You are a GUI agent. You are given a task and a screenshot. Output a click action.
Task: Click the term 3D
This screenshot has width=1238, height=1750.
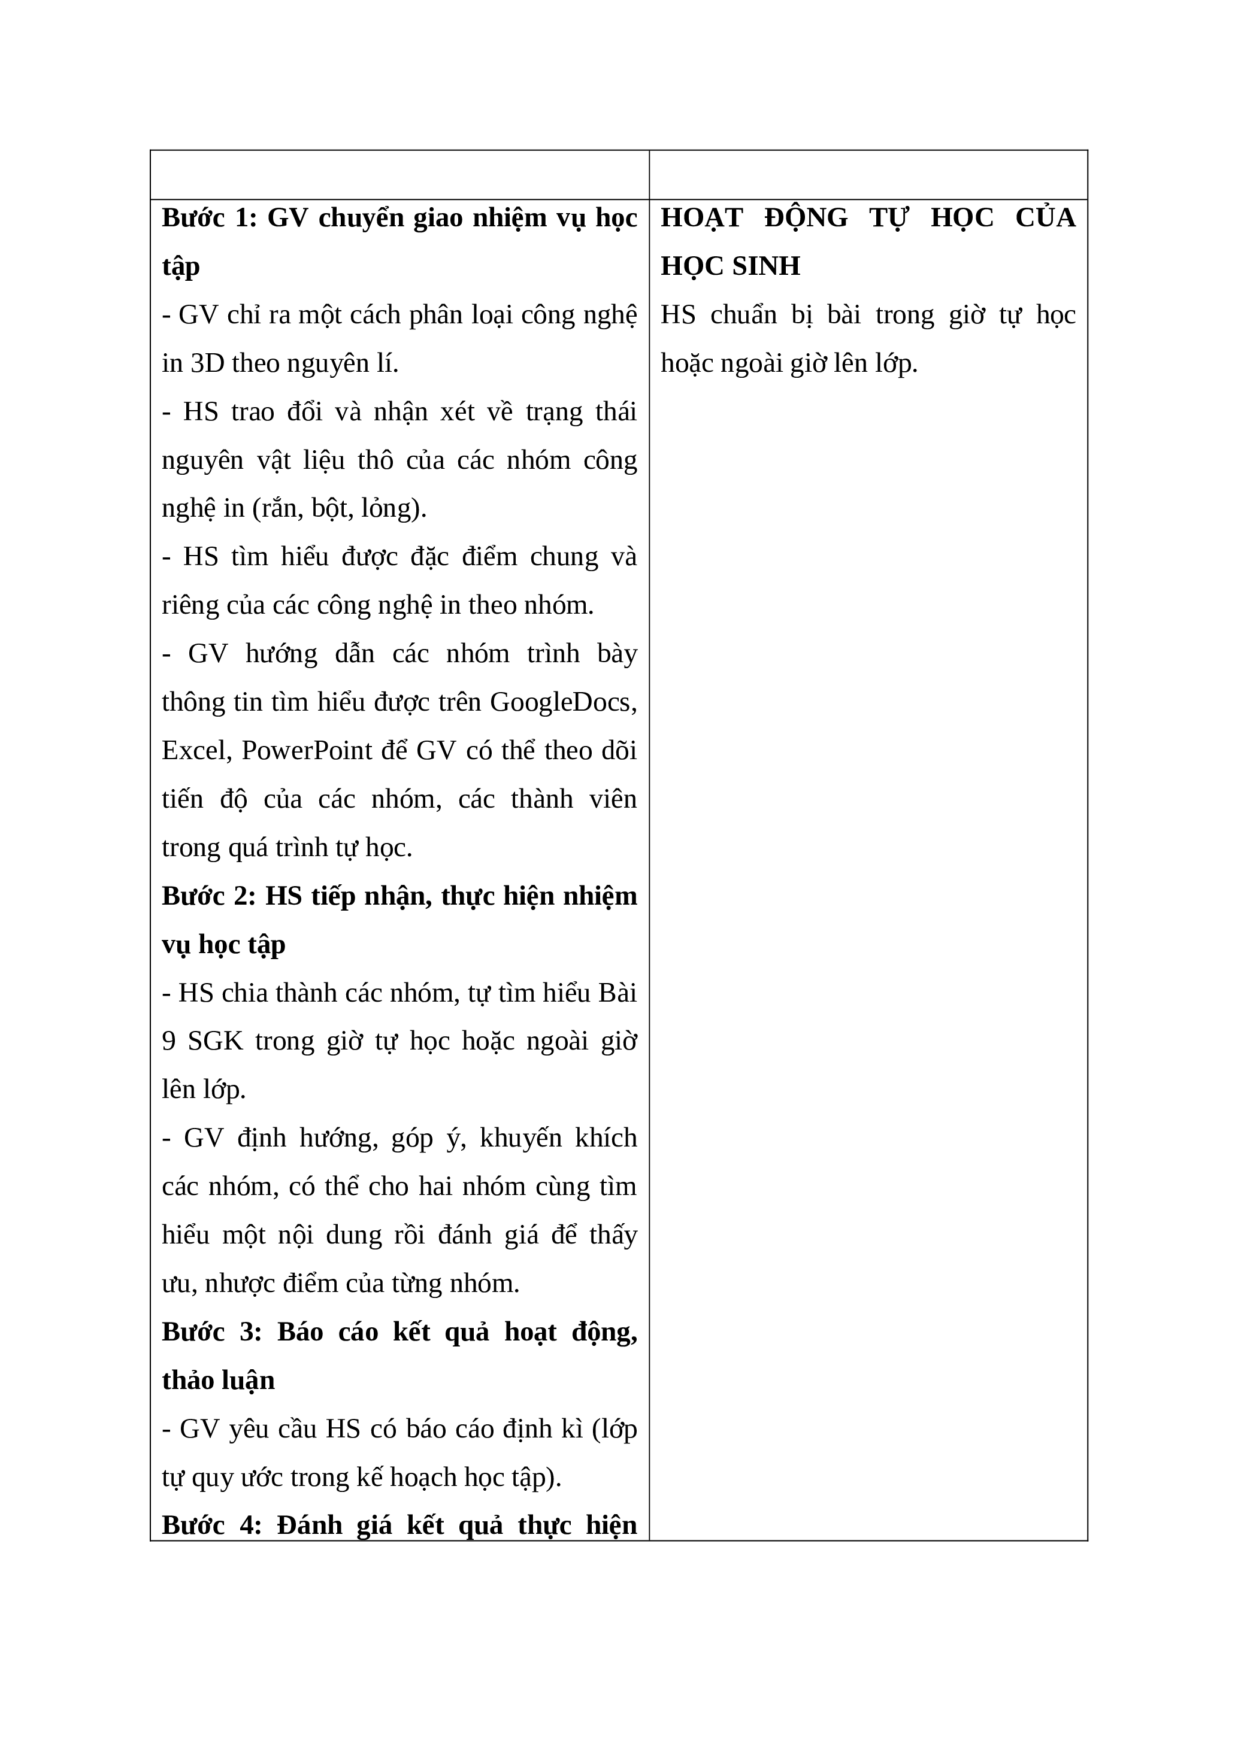(x=207, y=363)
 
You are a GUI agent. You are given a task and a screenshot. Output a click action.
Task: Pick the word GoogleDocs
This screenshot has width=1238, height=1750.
(x=562, y=702)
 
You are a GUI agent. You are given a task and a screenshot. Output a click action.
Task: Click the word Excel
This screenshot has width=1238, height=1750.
(x=196, y=751)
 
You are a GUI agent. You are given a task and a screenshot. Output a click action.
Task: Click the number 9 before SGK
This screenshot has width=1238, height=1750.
(x=168, y=1041)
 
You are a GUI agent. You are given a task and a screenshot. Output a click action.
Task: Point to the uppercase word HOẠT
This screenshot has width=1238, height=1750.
(x=701, y=219)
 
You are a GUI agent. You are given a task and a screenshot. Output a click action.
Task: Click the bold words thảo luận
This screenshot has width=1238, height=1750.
(x=219, y=1381)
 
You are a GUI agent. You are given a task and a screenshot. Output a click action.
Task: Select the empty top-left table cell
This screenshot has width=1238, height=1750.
(x=399, y=175)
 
